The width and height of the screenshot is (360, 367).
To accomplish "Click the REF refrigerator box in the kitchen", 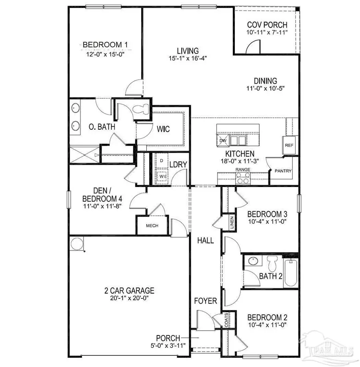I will click(x=289, y=145).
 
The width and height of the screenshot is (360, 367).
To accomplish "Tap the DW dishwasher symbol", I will click(x=223, y=140).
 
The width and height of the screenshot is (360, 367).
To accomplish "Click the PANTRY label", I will click(x=283, y=171).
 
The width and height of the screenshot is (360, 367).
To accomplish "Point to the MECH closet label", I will click(x=152, y=226).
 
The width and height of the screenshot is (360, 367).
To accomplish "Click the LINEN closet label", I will click(x=232, y=223).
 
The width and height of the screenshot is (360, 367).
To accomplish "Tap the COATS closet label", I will click(x=226, y=320).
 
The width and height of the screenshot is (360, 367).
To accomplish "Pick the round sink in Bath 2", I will click(x=252, y=262).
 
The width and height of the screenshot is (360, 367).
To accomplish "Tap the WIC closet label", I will click(x=163, y=129).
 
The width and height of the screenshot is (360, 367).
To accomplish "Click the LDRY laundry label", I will click(x=178, y=164).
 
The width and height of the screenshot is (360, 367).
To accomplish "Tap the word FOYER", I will click(x=206, y=301).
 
